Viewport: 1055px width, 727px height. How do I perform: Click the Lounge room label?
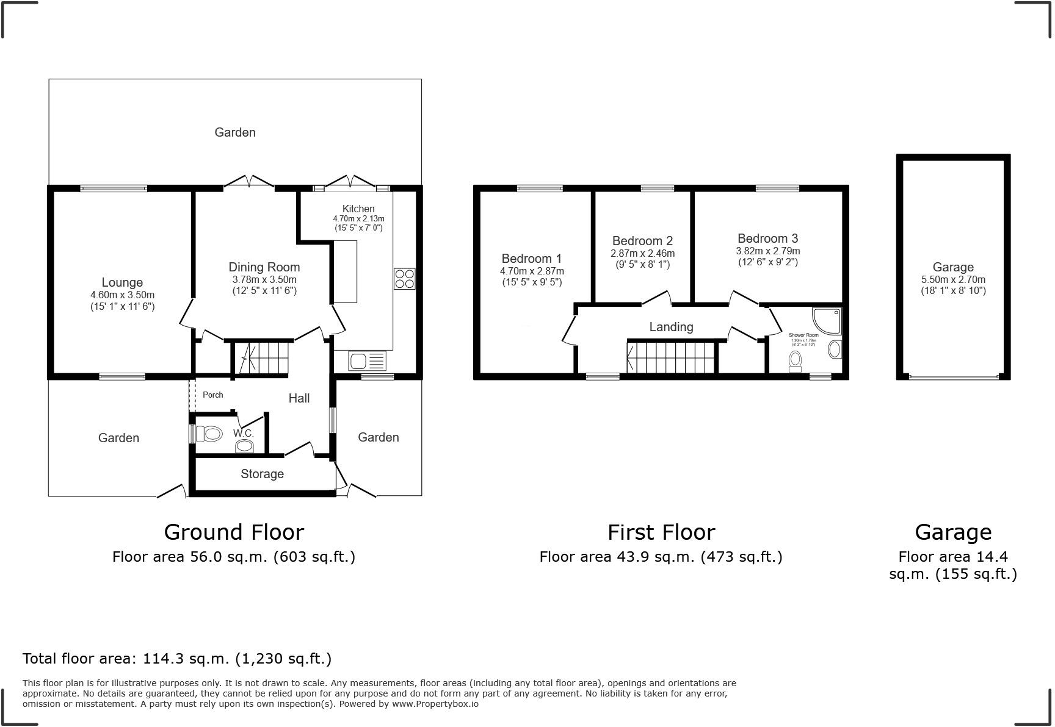tap(122, 282)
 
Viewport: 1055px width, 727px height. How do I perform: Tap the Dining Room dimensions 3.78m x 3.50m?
tap(264, 279)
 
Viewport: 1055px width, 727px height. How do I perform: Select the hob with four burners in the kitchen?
tap(404, 279)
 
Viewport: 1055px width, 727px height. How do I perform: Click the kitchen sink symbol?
tap(368, 361)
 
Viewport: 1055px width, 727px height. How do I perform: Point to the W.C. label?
tap(243, 433)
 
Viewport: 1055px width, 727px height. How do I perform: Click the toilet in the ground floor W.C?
tap(209, 434)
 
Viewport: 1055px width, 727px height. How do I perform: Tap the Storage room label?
tap(262, 474)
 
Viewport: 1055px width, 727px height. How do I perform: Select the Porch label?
tap(213, 395)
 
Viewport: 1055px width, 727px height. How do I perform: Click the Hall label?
tap(299, 398)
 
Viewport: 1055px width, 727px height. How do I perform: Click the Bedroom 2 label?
tap(642, 241)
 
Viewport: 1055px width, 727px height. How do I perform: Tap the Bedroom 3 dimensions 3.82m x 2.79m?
tap(767, 251)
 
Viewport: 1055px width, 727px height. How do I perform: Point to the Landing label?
tap(671, 327)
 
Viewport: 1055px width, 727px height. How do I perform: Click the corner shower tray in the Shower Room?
tap(827, 321)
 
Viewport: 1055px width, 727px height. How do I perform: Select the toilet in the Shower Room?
tap(795, 361)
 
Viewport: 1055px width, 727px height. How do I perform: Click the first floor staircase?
tap(671, 357)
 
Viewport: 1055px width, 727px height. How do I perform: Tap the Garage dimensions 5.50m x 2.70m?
tap(953, 280)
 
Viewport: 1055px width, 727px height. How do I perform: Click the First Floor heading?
tap(661, 532)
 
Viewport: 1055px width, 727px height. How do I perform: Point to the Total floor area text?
tap(177, 659)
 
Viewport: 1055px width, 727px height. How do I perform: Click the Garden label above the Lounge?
tap(235, 132)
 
